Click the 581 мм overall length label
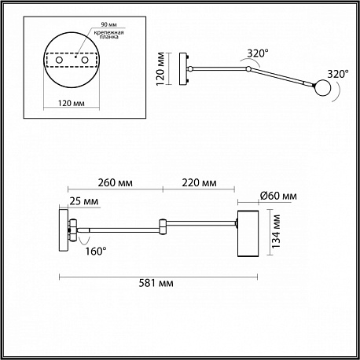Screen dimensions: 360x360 156,283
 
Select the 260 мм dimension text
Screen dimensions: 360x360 116,183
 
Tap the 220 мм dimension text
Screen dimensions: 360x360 199,183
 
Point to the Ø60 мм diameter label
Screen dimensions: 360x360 278,196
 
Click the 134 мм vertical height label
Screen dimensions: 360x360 276,231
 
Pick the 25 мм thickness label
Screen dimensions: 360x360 84,201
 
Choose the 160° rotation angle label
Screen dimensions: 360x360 96,252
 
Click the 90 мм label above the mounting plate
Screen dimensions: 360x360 109,24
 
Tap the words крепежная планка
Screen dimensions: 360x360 108,35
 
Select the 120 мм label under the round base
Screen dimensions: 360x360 72,103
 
